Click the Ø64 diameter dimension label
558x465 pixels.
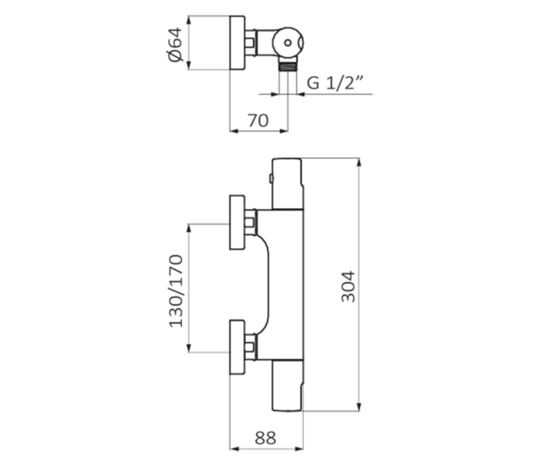coord(176,44)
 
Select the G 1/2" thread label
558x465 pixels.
coord(335,83)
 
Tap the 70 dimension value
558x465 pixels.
coord(258,121)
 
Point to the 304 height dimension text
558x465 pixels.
coord(348,287)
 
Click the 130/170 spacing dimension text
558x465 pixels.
coord(176,291)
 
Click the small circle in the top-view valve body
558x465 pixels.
coord(288,42)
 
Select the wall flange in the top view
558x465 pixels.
coord(237,43)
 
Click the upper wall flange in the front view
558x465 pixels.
coord(237,222)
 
